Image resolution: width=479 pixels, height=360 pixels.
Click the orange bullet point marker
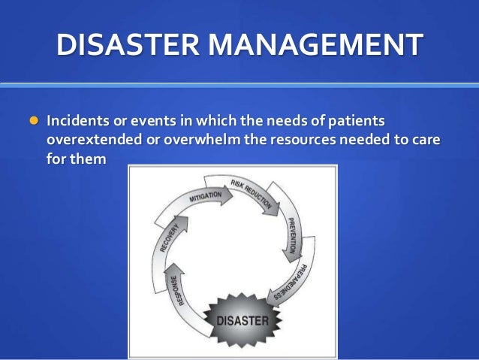(x=32, y=120)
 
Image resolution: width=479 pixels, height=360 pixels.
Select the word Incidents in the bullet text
(x=76, y=121)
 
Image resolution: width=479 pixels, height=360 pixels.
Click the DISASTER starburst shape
(x=242, y=320)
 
